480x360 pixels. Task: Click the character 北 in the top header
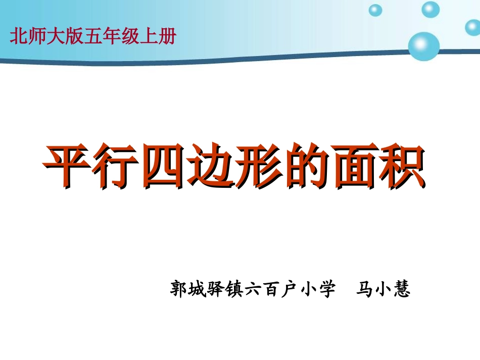pos(18,37)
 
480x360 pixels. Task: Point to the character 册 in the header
pos(166,37)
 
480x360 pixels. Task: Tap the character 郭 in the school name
pos(180,290)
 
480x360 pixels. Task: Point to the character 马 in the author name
pos(365,290)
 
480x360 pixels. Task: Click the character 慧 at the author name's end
pos(402,290)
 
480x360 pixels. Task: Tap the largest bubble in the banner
pos(423,46)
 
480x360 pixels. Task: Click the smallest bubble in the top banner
pos(375,10)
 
